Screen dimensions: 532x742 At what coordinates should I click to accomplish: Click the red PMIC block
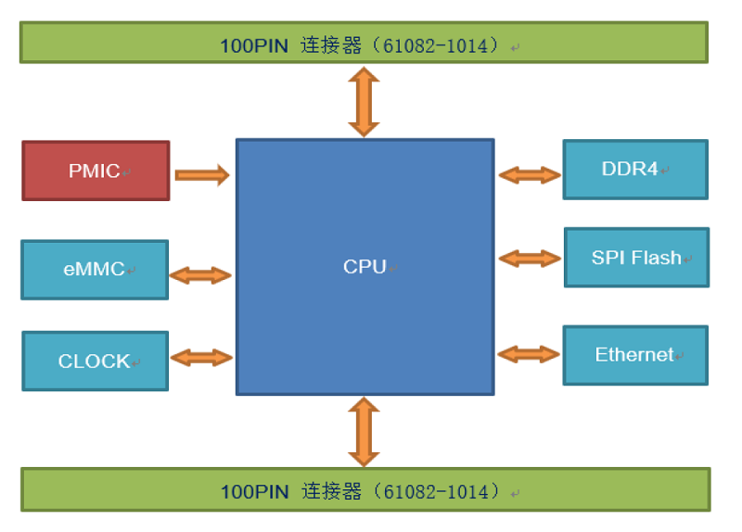coord(96,171)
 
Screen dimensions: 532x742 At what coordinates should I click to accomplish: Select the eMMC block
coord(95,270)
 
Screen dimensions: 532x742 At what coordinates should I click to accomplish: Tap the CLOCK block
coord(95,361)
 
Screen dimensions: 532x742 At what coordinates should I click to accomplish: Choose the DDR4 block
coord(635,170)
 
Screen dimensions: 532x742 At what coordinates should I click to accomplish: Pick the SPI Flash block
coord(636,258)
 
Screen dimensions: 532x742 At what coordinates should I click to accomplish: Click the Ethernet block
coord(635,355)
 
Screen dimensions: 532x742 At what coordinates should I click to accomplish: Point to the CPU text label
coord(364,267)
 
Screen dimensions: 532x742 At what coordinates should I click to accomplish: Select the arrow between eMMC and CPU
coord(200,274)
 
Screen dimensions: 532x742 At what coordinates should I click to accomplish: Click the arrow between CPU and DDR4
coord(530,174)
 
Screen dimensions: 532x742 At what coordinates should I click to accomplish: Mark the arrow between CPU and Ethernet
coord(530,353)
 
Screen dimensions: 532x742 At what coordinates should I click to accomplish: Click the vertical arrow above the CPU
coord(364,102)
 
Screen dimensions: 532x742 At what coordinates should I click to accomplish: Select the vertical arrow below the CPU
coord(364,432)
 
